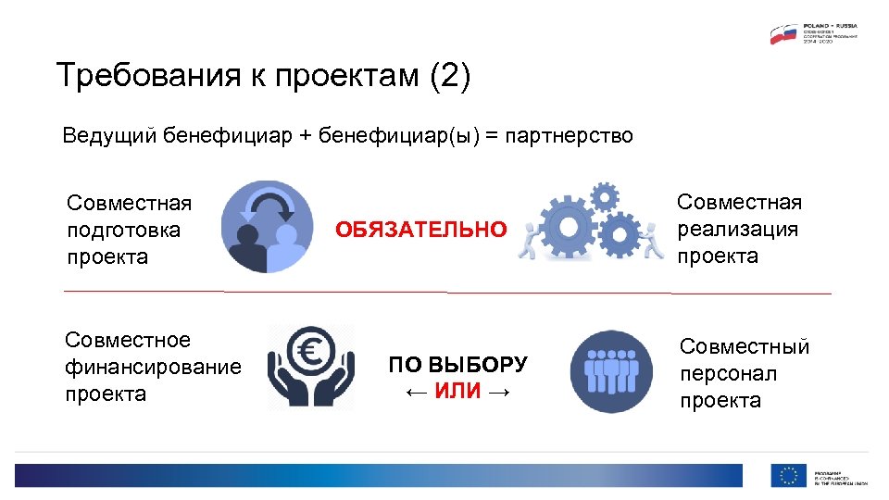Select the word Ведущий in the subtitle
pos(109,137)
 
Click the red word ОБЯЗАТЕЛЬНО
pos(421,230)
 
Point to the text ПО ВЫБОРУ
pos(457,365)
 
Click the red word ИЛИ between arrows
pos(457,392)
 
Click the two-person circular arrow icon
pos(268,227)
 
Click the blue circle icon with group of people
pos(611,371)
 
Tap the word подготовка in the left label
pos(123,230)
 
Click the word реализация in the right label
pos(737,229)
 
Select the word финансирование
pos(153,368)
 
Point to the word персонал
pos(728,374)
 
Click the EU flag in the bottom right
pos(788,475)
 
